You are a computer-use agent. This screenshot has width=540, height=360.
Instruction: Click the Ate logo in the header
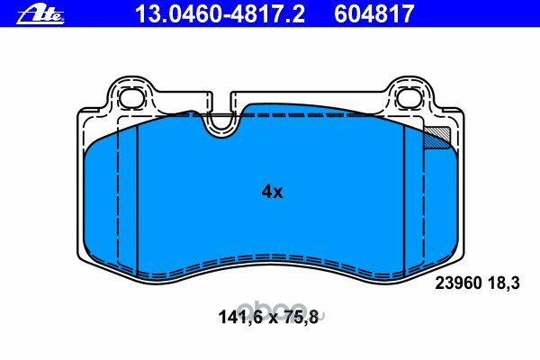coord(40,14)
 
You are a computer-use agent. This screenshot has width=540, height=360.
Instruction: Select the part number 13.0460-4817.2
coord(220,14)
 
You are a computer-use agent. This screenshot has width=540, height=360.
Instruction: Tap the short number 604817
coord(374,14)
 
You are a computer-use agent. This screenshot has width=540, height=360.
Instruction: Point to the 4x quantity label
coord(272,192)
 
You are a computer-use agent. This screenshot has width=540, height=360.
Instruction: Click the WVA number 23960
coord(459,283)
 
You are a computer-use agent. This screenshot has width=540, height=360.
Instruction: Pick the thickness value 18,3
coord(503,283)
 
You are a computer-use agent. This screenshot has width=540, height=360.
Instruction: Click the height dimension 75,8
coord(301,317)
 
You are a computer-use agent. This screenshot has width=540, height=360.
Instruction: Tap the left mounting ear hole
coord(132,97)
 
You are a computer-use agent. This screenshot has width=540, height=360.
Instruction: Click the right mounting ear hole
coord(409,97)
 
